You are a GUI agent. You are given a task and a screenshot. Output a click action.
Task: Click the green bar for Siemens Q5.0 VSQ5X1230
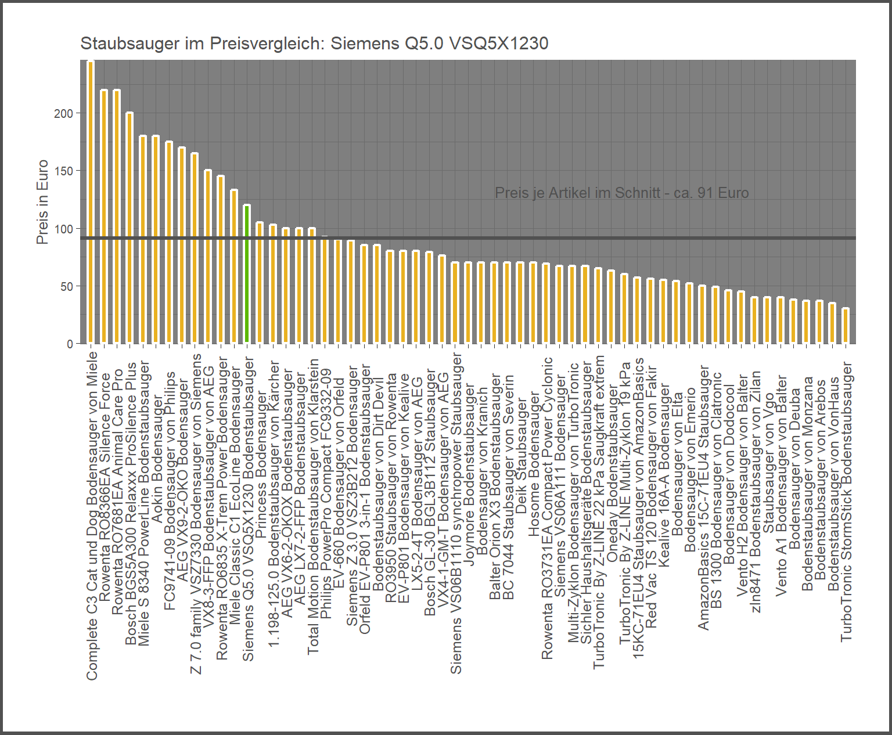coord(247,273)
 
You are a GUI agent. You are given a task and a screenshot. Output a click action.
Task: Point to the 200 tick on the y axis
coord(64,114)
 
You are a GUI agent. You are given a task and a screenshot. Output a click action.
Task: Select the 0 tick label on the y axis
coord(70,344)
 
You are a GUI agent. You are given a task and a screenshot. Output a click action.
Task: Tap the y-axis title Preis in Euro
coord(42,202)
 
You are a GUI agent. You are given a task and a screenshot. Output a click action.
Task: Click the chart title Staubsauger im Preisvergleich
coord(314,44)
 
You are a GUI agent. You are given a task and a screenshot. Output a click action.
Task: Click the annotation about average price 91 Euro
coord(621,193)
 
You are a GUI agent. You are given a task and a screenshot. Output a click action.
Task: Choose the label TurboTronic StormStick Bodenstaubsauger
coord(846,502)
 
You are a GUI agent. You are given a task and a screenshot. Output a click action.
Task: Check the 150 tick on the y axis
coord(64,171)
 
